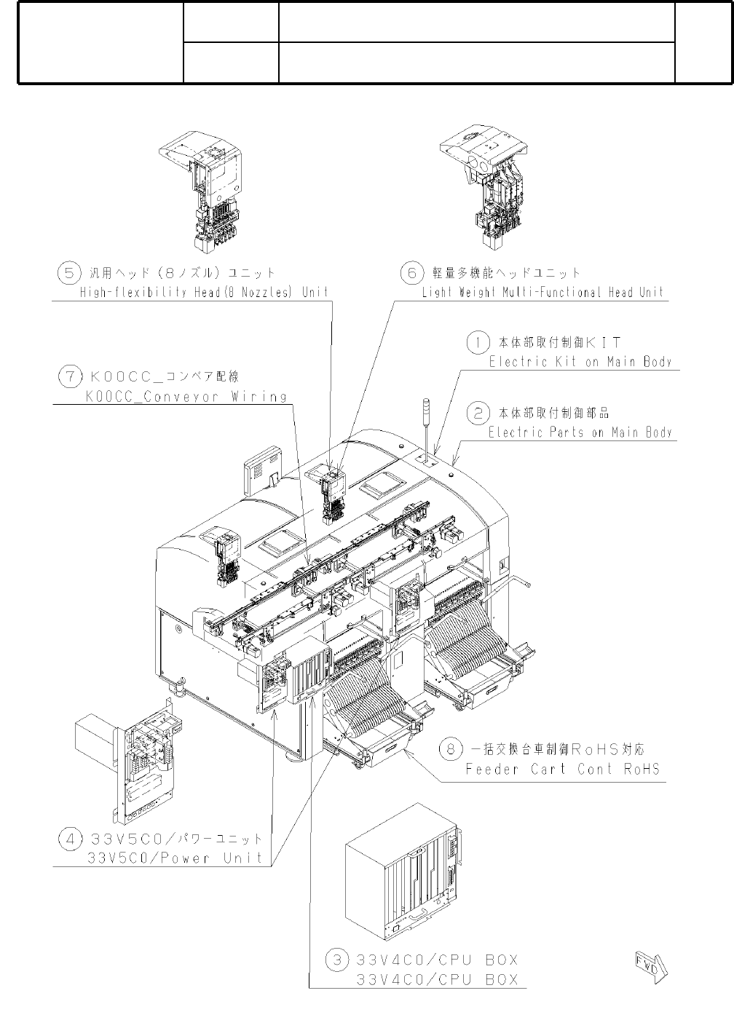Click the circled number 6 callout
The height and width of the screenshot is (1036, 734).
tap(411, 273)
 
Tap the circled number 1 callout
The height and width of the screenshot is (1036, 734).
tap(477, 341)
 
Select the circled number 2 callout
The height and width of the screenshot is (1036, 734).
tap(477, 414)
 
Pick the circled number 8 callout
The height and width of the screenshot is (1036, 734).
tap(453, 749)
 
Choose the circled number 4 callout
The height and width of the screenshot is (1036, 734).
tap(70, 839)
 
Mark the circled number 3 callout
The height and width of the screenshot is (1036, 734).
tap(337, 960)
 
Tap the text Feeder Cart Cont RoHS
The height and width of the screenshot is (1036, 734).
tap(562, 769)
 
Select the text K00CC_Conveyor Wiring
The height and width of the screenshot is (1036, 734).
tap(186, 397)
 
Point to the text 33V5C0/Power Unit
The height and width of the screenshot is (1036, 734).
tap(175, 858)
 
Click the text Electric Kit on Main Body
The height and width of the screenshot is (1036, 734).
tap(580, 361)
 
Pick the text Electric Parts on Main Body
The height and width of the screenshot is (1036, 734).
tap(580, 432)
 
